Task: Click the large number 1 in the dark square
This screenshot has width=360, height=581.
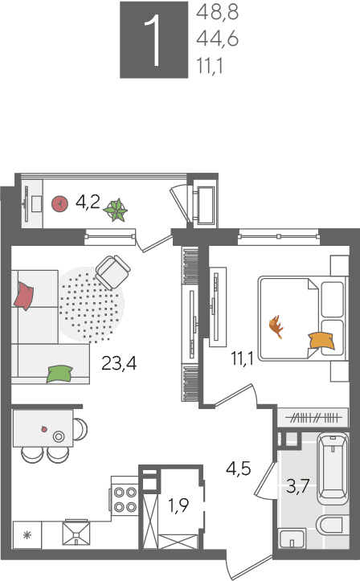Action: (x=153, y=41)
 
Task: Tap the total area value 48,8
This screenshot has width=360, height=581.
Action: (x=218, y=12)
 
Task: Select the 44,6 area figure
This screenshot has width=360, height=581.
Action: (x=218, y=39)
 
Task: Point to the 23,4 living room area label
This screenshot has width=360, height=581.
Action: (x=119, y=363)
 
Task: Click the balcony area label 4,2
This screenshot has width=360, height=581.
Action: (x=88, y=202)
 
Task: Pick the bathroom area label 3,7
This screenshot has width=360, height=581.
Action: (x=298, y=485)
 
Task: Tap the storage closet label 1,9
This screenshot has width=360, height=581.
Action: (x=178, y=505)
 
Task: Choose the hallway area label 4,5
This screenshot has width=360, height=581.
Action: (x=239, y=468)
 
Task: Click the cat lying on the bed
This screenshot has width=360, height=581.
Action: (x=276, y=326)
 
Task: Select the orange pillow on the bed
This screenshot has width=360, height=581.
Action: (x=321, y=341)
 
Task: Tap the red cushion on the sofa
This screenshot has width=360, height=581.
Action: (x=24, y=296)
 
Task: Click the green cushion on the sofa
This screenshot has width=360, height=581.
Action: (x=59, y=374)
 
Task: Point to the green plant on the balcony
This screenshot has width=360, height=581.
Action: (x=116, y=210)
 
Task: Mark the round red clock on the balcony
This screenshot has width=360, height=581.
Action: (x=59, y=204)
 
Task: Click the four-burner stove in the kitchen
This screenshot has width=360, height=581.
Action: (x=125, y=499)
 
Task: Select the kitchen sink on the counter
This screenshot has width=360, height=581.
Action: (x=76, y=533)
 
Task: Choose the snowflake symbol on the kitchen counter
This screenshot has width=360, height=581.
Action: (x=27, y=535)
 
